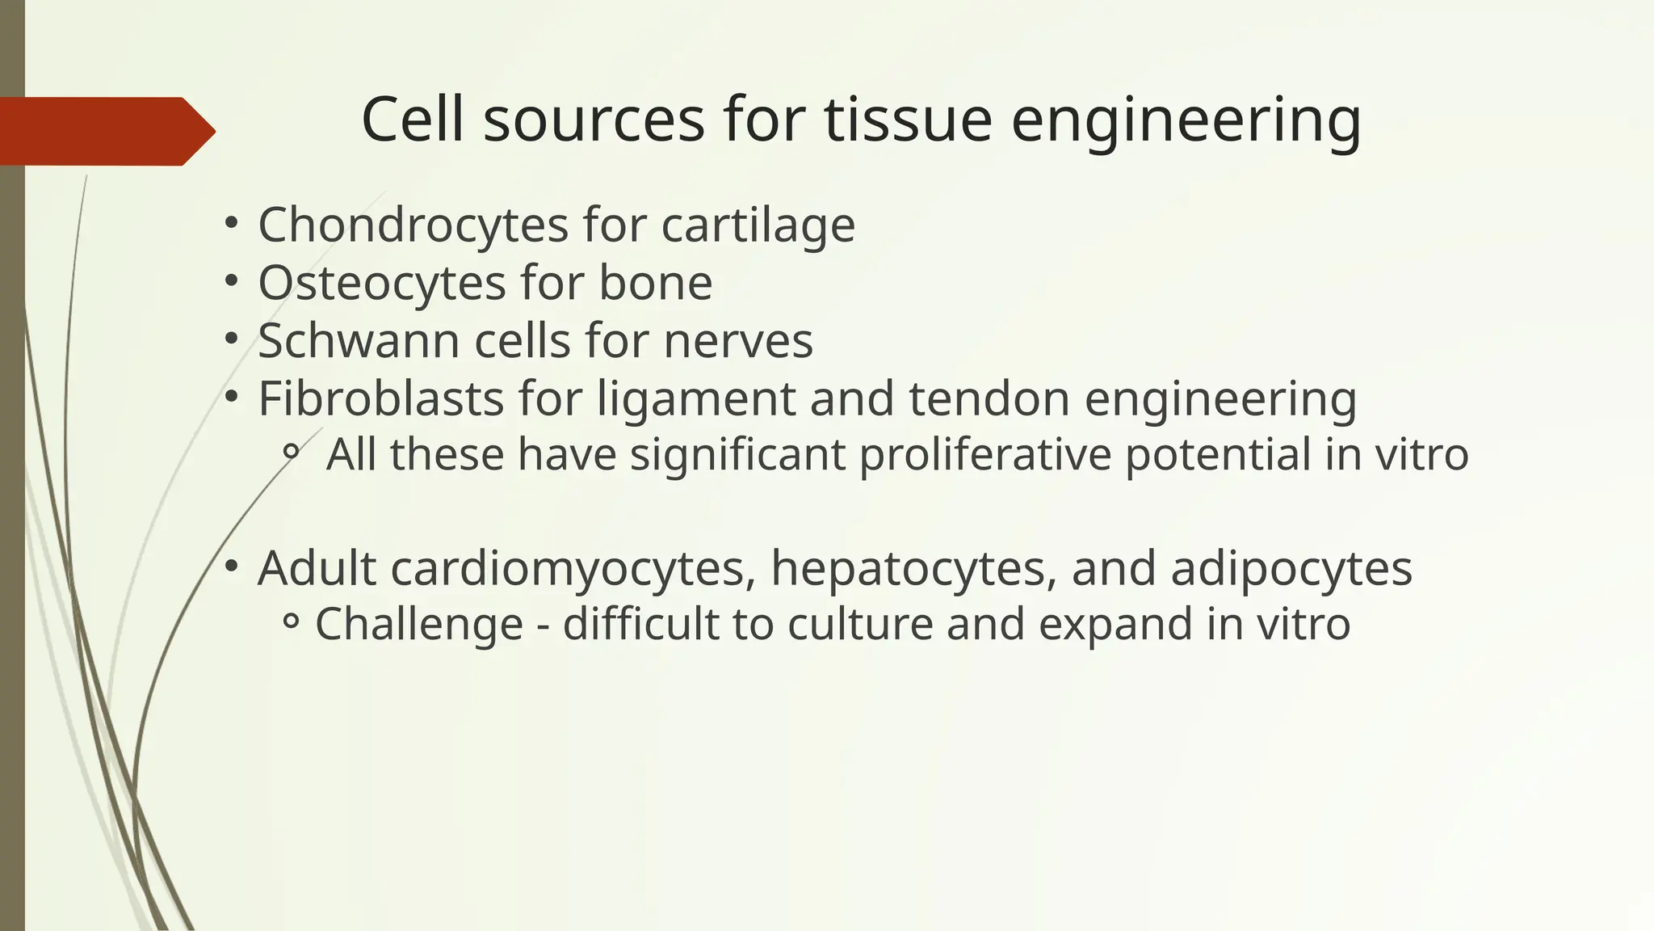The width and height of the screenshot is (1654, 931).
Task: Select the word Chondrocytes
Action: tap(413, 225)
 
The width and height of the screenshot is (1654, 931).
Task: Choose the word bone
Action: tap(655, 283)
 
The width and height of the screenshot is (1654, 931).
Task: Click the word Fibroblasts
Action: tap(380, 398)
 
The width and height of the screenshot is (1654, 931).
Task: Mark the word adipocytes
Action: tap(1291, 568)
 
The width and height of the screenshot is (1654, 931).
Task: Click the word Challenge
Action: tap(419, 625)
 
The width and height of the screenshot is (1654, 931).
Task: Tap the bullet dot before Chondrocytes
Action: tap(231, 221)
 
